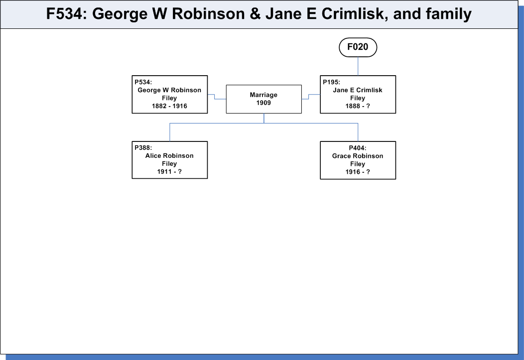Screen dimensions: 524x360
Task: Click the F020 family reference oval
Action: click(x=358, y=47)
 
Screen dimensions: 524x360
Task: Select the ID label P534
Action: click(x=143, y=82)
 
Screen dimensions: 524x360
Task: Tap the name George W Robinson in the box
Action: click(x=169, y=90)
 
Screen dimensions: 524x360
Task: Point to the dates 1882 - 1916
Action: click(x=169, y=106)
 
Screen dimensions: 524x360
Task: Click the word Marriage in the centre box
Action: click(x=263, y=95)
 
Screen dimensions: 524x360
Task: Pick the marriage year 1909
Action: click(x=263, y=103)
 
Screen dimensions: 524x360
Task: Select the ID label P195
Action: click(x=331, y=82)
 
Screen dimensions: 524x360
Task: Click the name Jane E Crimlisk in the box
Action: click(x=358, y=90)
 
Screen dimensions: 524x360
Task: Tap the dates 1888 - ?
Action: click(x=358, y=106)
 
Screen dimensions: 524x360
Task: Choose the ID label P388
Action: click(x=143, y=147)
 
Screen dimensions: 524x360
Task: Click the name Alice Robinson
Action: click(x=169, y=156)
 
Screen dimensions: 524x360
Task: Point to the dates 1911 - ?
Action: click(x=169, y=172)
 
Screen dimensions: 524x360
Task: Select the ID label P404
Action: click(x=358, y=148)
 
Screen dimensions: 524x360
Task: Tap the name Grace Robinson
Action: click(x=358, y=156)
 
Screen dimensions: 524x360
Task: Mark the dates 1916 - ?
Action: click(x=358, y=172)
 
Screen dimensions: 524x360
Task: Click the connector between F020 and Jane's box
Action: click(x=358, y=66)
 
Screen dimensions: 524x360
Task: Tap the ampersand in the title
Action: click(x=255, y=14)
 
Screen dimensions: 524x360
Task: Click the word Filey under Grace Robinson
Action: click(x=358, y=164)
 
